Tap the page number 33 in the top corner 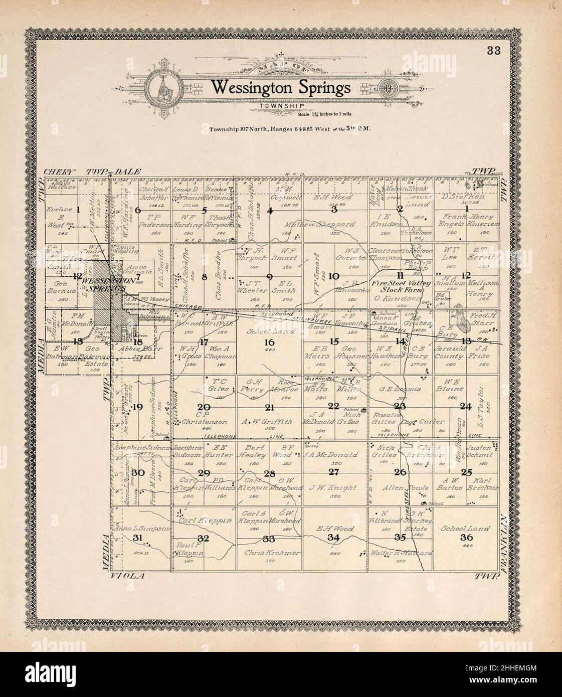491,50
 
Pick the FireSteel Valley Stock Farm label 401,286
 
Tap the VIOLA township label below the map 127,576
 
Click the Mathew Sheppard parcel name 319,225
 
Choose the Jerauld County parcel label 450,356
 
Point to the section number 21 270,407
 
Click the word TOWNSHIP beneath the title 279,106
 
